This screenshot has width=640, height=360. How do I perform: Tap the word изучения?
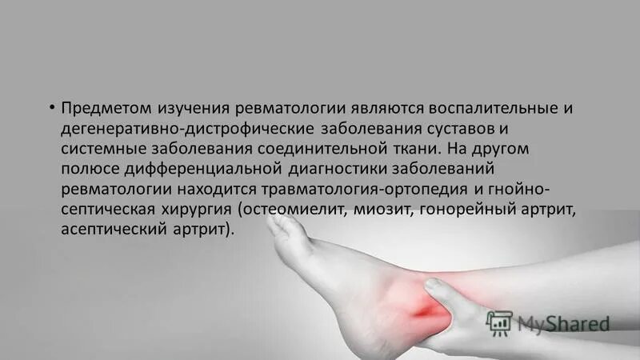click(x=193, y=108)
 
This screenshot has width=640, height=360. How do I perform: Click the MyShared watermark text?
click(x=563, y=323)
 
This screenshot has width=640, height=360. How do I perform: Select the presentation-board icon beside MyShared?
click(x=498, y=322)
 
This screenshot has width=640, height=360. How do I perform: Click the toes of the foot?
click(x=280, y=227)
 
